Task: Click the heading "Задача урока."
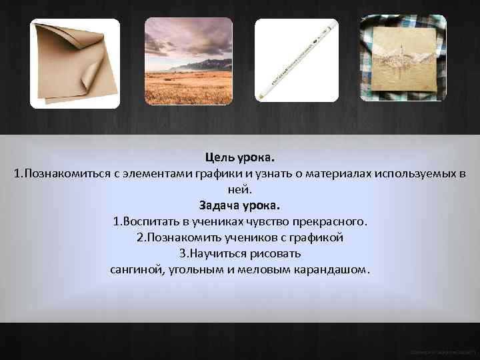pyautogui.click(x=240, y=205)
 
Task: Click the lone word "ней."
pyautogui.click(x=240, y=189)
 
